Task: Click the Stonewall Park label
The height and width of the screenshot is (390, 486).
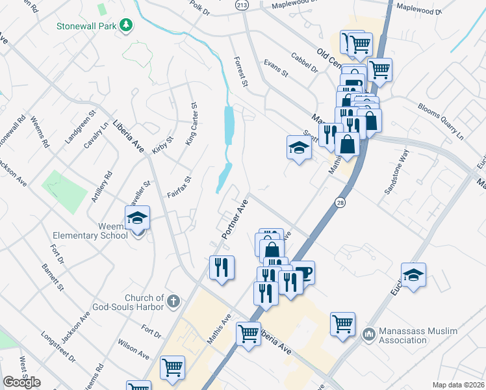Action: [85, 26]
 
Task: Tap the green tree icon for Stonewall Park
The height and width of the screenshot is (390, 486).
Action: [126, 25]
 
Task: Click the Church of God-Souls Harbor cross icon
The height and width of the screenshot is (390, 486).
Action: [172, 302]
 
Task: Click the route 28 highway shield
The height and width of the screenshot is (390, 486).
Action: [340, 203]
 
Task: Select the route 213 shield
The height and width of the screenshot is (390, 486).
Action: [242, 5]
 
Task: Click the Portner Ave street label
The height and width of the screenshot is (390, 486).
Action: [235, 217]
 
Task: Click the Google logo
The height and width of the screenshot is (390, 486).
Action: [22, 382]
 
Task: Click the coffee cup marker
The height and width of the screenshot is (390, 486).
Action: [302, 272]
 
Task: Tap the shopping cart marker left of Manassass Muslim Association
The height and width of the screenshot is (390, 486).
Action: [342, 323]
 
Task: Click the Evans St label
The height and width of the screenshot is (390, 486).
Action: [275, 69]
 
